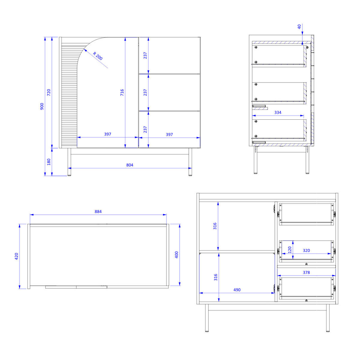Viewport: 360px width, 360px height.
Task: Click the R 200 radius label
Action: coord(98,56)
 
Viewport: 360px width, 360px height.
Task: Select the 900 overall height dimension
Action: coord(42,106)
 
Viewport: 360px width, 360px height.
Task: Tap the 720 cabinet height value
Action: coord(49,92)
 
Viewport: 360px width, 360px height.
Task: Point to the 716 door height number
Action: coord(122,92)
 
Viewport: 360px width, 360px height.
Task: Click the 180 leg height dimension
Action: coord(49,162)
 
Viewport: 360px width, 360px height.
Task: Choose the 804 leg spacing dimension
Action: coord(130,165)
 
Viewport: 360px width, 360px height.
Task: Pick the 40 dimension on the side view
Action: coord(299,27)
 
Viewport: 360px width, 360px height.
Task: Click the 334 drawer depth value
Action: coord(278,112)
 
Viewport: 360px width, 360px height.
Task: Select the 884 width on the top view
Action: coord(98,211)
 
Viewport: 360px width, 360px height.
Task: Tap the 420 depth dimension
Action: coord(16,256)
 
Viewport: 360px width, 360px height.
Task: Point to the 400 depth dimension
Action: coord(176,255)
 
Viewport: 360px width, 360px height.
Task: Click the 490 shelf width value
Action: coord(237,290)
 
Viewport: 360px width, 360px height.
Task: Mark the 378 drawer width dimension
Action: coord(306,272)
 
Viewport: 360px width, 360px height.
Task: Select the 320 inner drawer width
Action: coord(306,250)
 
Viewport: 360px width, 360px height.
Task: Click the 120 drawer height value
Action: coord(290,250)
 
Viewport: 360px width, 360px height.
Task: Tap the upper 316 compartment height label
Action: coord(215,226)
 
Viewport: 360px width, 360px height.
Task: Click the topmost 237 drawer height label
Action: coord(145,55)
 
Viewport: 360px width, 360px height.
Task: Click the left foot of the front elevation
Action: coord(69,175)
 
